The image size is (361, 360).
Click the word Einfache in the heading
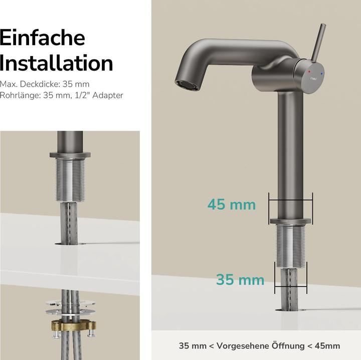click(x=42, y=38)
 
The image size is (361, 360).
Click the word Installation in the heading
click(x=56, y=64)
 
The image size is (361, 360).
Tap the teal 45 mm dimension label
click(x=232, y=204)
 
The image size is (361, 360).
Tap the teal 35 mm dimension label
click(x=240, y=279)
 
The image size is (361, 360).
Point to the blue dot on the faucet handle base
click(x=322, y=73)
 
